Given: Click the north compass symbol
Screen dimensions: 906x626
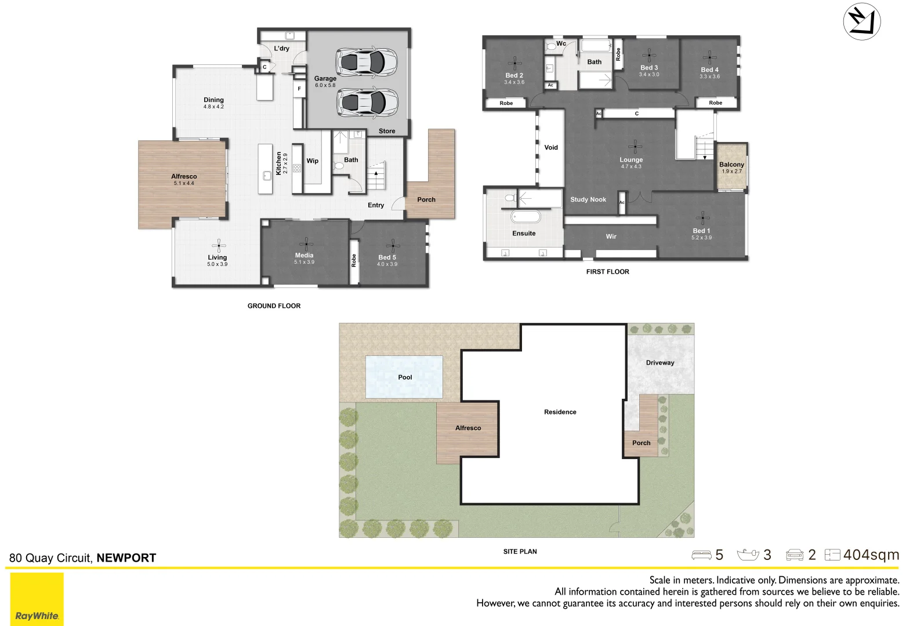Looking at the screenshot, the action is pyautogui.click(x=862, y=21).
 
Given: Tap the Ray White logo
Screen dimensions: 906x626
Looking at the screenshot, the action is pyautogui.click(x=37, y=599).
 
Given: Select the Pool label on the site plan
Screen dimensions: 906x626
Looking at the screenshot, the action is pyautogui.click(x=405, y=377).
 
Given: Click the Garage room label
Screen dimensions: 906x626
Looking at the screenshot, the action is pyautogui.click(x=325, y=78).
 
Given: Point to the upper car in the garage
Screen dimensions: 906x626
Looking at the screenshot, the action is pyautogui.click(x=367, y=62).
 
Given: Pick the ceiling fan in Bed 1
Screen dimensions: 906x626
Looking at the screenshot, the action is pyautogui.click(x=702, y=218).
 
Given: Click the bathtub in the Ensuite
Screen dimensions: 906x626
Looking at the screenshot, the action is pyautogui.click(x=526, y=217).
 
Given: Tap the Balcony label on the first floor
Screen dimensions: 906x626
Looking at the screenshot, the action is pyautogui.click(x=731, y=165).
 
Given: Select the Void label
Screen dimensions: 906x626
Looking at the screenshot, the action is pyautogui.click(x=551, y=147).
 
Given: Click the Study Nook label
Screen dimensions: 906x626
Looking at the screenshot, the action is pyautogui.click(x=588, y=199).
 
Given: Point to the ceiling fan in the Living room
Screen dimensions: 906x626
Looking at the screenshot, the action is pyautogui.click(x=219, y=245).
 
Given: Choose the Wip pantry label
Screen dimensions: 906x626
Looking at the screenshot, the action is pyautogui.click(x=312, y=161).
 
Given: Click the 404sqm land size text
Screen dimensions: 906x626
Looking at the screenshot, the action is pyautogui.click(x=871, y=555).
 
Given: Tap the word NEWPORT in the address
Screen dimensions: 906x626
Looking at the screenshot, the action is pyautogui.click(x=126, y=558).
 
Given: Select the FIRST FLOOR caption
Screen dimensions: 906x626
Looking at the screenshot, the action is pyautogui.click(x=607, y=272).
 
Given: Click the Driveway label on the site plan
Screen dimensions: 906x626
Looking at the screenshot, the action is pyautogui.click(x=660, y=362).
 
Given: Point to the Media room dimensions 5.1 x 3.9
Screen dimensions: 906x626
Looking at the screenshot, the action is pyautogui.click(x=304, y=262).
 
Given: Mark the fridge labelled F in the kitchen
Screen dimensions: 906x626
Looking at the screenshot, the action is pyautogui.click(x=299, y=89).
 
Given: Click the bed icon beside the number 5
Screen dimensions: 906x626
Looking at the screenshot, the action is pyautogui.click(x=701, y=555).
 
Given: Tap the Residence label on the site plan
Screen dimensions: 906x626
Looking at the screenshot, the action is pyautogui.click(x=560, y=412).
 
